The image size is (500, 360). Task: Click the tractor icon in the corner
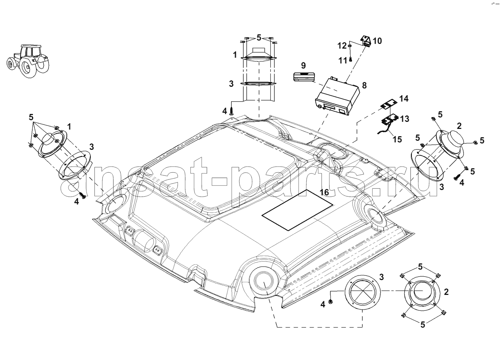click(28, 61)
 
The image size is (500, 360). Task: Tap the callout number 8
click(364, 85)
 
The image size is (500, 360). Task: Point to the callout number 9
click(303, 65)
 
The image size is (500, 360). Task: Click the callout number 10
click(377, 41)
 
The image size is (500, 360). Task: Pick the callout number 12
click(342, 46)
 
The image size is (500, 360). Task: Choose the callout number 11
click(343, 60)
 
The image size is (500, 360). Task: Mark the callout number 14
click(404, 99)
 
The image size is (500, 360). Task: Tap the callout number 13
click(405, 119)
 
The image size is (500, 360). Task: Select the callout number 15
click(397, 139)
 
